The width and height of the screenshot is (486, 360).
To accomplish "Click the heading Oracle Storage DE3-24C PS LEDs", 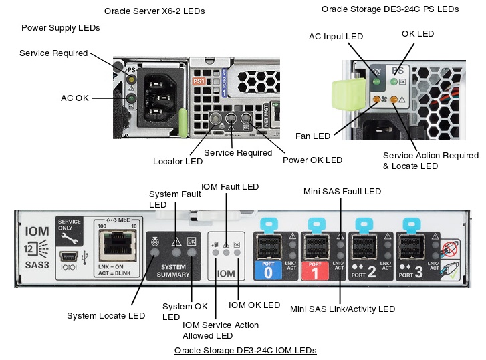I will [390, 9].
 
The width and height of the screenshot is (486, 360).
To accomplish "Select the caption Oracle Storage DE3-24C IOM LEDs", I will [245, 350].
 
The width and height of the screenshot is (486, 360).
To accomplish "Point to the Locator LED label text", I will [177, 161].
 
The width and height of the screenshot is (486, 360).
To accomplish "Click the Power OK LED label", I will [312, 160].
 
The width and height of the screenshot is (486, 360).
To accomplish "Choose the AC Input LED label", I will [336, 36].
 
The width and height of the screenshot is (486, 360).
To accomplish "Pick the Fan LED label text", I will [313, 136].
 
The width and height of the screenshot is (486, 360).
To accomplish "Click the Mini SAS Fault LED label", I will [342, 192].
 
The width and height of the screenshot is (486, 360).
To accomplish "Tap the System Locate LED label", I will [106, 315].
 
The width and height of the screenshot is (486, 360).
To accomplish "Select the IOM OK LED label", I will [254, 305].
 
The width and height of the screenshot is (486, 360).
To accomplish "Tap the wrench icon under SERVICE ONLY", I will [68, 238].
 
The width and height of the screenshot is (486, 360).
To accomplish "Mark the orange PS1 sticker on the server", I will [198, 81].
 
